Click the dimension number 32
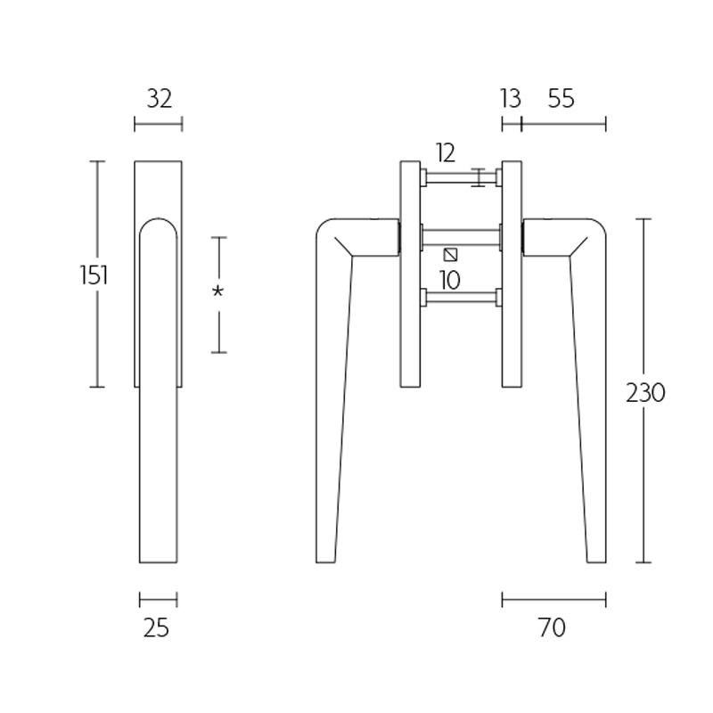[158, 99]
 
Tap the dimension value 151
[94, 275]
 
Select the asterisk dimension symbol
[216, 292]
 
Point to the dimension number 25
[156, 628]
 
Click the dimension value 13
[510, 99]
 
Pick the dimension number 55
[561, 99]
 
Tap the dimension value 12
[446, 152]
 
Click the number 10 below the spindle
[449, 281]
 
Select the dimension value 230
[645, 392]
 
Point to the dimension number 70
[553, 628]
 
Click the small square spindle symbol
[450, 255]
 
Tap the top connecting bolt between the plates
[461, 177]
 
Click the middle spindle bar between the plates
[461, 236]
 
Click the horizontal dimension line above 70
[553, 599]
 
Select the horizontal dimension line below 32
[158, 124]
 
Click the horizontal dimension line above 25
[158, 599]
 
